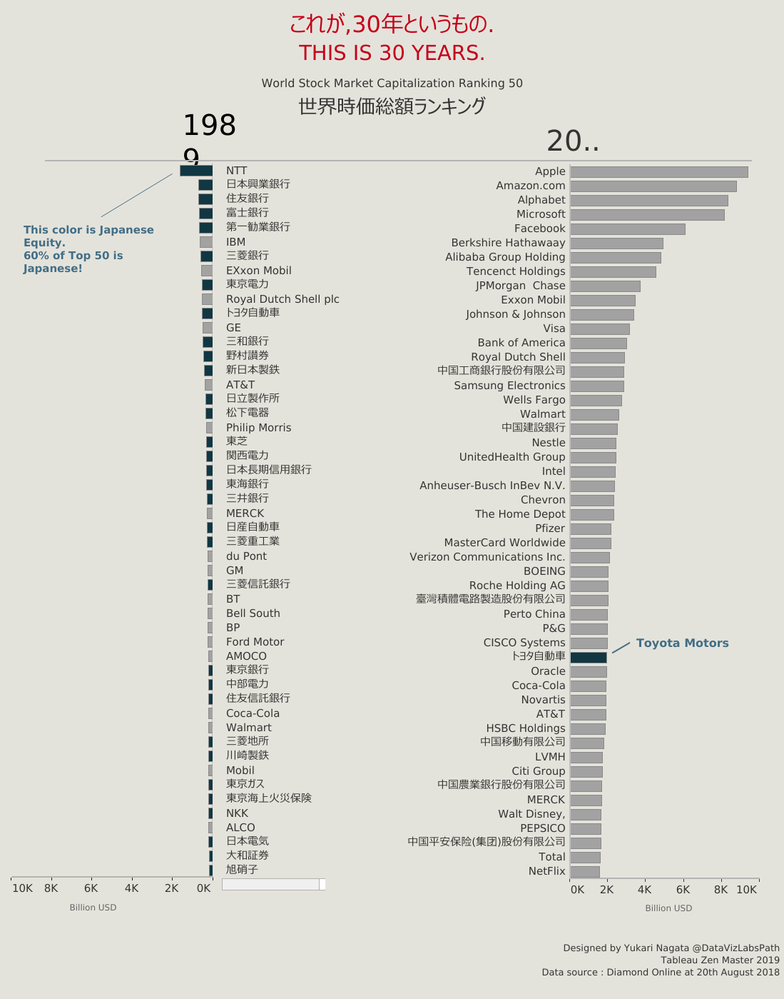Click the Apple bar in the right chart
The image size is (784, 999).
(x=659, y=172)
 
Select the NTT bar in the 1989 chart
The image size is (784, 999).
(x=196, y=171)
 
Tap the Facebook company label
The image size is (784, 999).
(x=539, y=229)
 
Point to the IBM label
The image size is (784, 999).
(x=235, y=242)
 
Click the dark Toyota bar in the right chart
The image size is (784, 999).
(x=589, y=657)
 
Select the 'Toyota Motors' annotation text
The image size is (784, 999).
(x=682, y=643)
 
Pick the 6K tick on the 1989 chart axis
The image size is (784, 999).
(x=91, y=888)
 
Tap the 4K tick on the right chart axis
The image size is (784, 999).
(x=644, y=889)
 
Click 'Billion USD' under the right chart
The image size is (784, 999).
(x=668, y=908)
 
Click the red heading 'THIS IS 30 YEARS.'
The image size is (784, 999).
(x=392, y=53)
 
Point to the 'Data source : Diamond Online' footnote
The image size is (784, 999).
(x=660, y=972)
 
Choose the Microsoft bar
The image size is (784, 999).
(x=647, y=215)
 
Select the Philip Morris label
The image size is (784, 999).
(x=258, y=428)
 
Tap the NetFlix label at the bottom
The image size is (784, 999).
(x=546, y=871)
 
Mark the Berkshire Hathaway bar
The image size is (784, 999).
(x=616, y=244)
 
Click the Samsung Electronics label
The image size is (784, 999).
(x=509, y=386)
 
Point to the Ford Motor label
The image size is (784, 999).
(x=255, y=642)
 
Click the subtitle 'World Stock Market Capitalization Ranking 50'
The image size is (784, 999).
(x=392, y=83)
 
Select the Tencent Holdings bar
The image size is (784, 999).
(x=613, y=272)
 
